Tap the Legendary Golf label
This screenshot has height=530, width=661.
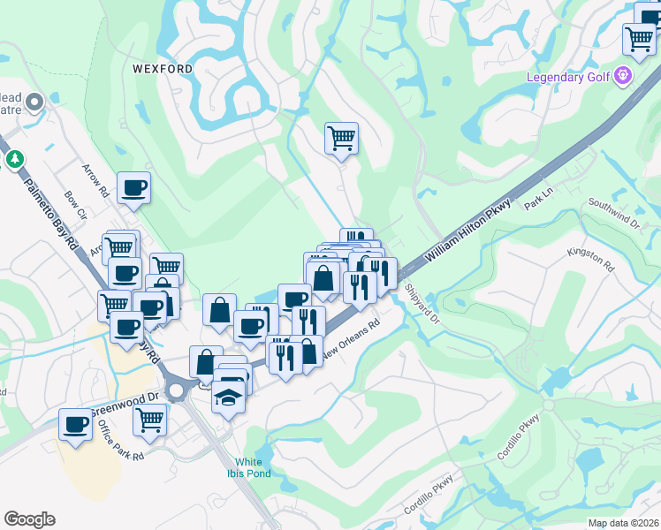(569, 77)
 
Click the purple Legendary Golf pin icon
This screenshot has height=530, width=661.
(624, 76)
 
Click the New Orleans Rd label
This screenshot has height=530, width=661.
(349, 339)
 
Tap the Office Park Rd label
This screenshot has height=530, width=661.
(121, 439)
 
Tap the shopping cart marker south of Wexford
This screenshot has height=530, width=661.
(341, 138)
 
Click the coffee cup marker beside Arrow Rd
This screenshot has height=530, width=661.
(133, 187)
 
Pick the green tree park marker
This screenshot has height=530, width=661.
(14, 160)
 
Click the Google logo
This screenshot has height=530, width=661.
(30, 519)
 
